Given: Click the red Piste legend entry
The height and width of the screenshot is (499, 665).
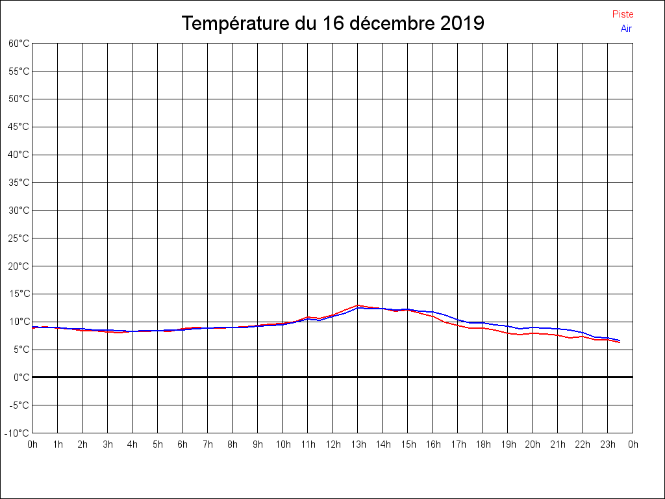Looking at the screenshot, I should pos(622,14).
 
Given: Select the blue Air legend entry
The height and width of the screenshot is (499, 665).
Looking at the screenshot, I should pos(626,29).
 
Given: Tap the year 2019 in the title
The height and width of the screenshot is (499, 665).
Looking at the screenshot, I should pos(462,24).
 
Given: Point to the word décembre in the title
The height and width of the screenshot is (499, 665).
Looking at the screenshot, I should pos(392,24).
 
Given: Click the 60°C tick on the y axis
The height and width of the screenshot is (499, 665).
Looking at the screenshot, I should pos(19,44).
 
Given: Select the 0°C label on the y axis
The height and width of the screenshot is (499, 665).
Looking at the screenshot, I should pos(21,377).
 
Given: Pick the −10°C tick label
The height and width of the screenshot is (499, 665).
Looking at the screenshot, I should pos(18,433).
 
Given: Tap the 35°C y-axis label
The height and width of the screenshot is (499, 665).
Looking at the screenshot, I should pos(19,183).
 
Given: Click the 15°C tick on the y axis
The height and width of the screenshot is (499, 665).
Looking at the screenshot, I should pos(19,294).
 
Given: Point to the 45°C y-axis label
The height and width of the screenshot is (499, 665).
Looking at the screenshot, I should pos(19,127).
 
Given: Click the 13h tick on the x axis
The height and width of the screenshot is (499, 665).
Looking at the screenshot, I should pos(358,445).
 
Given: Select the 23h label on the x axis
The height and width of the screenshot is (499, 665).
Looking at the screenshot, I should pos(608,445).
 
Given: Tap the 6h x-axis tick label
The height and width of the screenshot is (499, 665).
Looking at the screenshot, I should pos(182,445).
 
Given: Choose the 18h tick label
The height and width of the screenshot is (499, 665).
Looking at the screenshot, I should pos(483,445).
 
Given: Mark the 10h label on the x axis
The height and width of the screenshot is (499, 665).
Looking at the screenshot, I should pos(282,445).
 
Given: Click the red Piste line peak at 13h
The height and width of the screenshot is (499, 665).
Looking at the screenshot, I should pos(358,305).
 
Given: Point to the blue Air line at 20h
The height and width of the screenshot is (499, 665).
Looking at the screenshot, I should pos(533,327).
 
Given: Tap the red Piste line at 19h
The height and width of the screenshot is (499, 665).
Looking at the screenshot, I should pos(508,333).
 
